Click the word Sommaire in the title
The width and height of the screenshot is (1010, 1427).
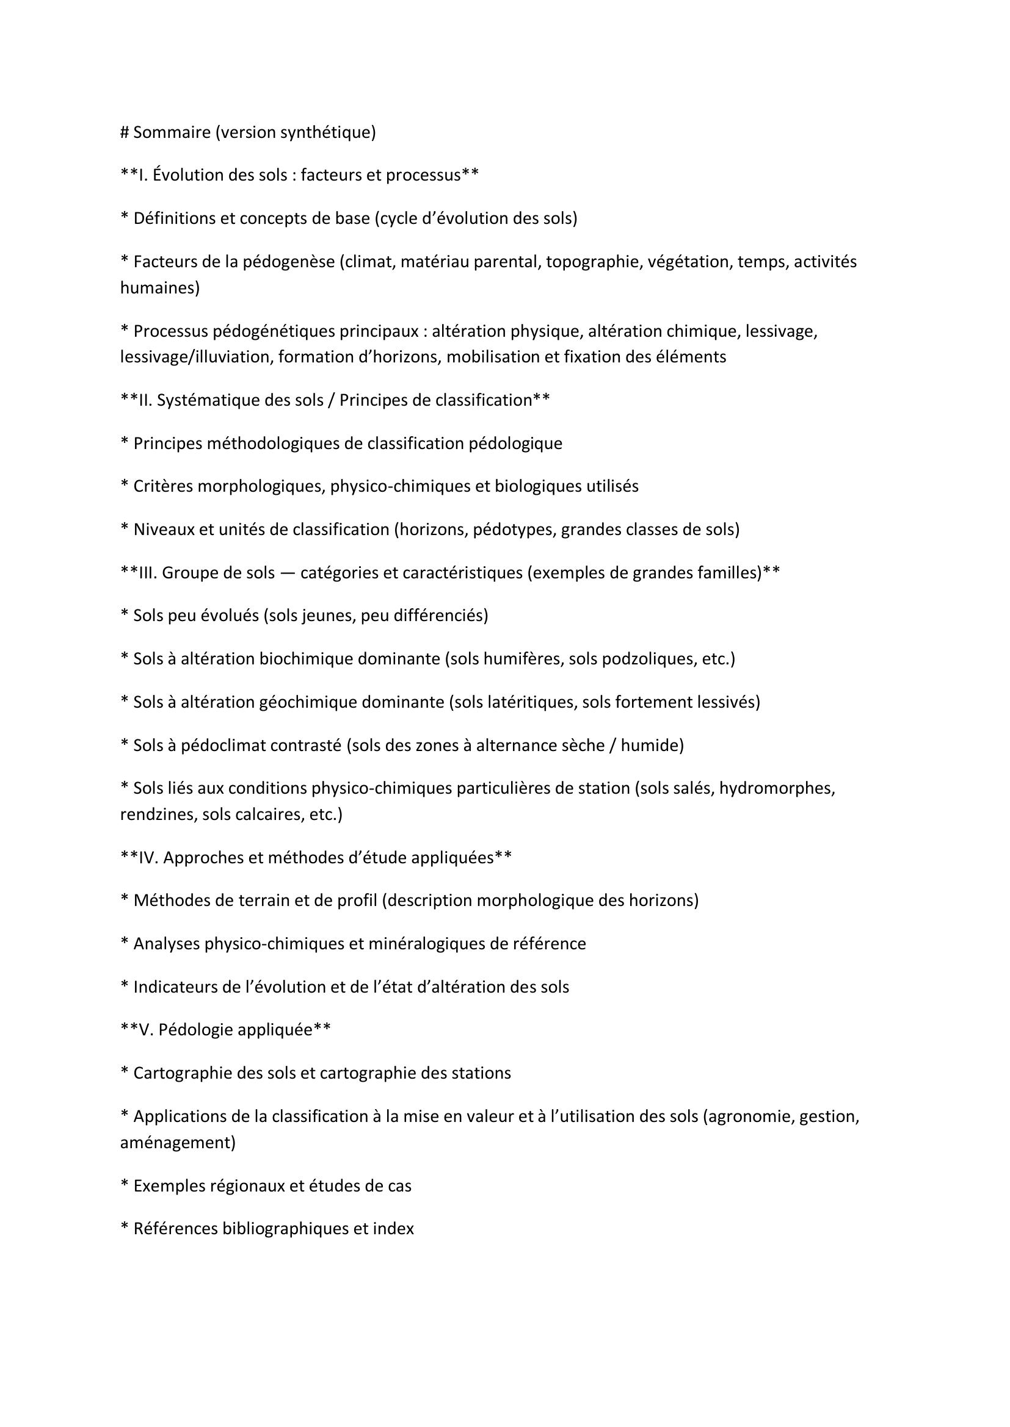point(172,132)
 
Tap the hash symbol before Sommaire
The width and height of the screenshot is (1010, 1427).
point(125,132)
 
